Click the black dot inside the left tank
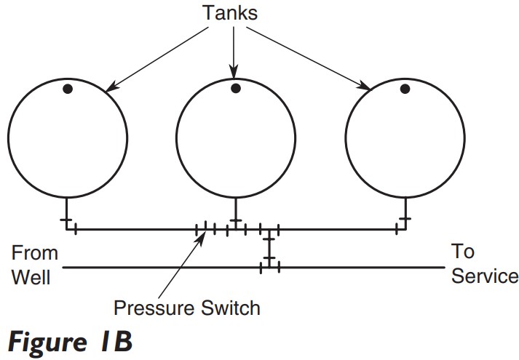click(67, 89)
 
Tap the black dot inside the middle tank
click(236, 89)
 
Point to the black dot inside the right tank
click(405, 89)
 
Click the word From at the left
click(34, 253)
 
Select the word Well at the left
click(31, 276)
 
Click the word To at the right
click(463, 252)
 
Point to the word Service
click(485, 276)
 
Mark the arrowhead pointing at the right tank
click(367, 88)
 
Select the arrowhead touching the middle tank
click(234, 76)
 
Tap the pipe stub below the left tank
click(67, 215)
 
